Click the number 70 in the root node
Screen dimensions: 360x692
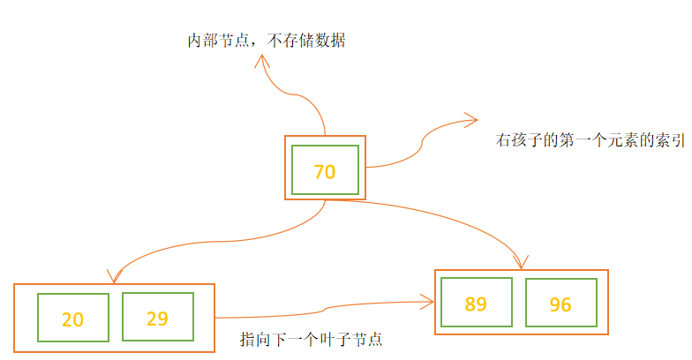pos(325,172)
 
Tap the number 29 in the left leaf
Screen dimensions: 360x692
pos(157,319)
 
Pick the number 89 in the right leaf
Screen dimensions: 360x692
pos(476,304)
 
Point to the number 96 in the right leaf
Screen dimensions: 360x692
pos(560,305)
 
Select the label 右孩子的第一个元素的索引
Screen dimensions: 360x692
pos(590,139)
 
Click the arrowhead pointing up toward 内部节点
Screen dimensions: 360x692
pos(262,59)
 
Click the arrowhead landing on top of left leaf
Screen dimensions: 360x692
pos(110,277)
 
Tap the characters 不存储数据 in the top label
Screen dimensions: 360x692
pos(305,41)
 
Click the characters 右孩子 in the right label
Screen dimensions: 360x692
pos(516,139)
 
